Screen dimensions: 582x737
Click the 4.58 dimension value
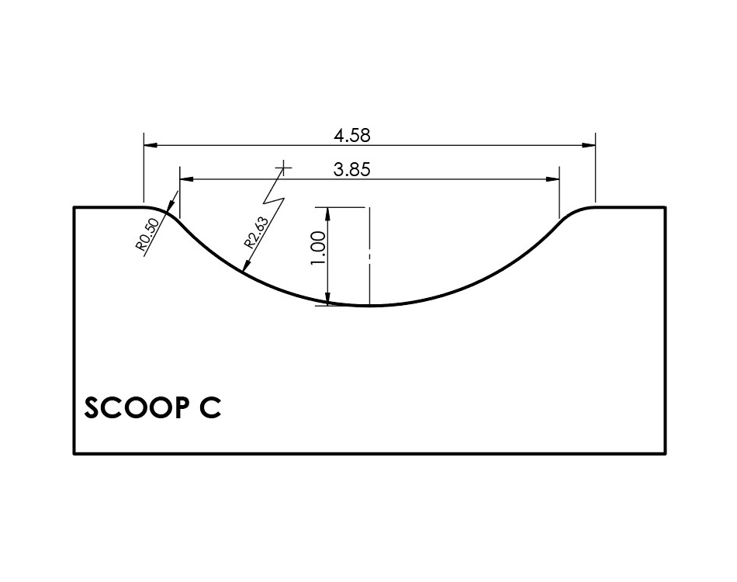coord(352,135)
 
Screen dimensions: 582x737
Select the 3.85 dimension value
coord(352,170)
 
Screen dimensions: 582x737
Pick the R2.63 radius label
coord(257,231)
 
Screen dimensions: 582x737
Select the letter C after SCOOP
coord(209,408)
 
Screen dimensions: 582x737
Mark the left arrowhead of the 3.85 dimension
coord(186,179)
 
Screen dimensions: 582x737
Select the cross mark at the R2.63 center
coord(285,167)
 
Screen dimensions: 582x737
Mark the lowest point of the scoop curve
coord(370,306)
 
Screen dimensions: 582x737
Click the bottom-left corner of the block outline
coord(74,453)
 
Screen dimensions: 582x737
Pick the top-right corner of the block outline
coord(665,207)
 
